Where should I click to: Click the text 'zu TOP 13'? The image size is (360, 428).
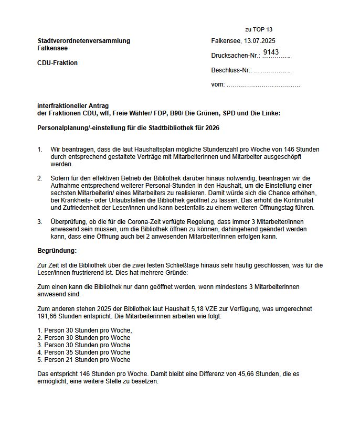[x=259, y=29]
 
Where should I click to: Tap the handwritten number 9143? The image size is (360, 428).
[x=271, y=52]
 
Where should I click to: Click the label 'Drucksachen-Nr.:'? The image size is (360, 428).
[x=236, y=56]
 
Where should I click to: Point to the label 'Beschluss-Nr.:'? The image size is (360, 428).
[x=231, y=70]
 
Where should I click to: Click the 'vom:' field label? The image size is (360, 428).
[x=218, y=84]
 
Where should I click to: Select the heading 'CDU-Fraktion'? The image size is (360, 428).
[x=58, y=63]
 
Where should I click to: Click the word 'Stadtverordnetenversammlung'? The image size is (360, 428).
[x=84, y=41]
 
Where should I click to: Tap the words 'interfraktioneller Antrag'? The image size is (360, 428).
[x=73, y=106]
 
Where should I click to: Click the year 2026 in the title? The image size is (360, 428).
[x=212, y=128]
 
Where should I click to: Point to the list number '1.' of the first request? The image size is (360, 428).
[x=40, y=149]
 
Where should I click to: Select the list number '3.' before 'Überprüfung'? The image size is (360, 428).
[x=40, y=222]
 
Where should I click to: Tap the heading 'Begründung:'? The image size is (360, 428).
[x=57, y=251]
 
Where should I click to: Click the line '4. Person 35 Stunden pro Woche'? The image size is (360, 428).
[x=84, y=352]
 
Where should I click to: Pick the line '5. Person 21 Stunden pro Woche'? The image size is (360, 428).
[x=84, y=360]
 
